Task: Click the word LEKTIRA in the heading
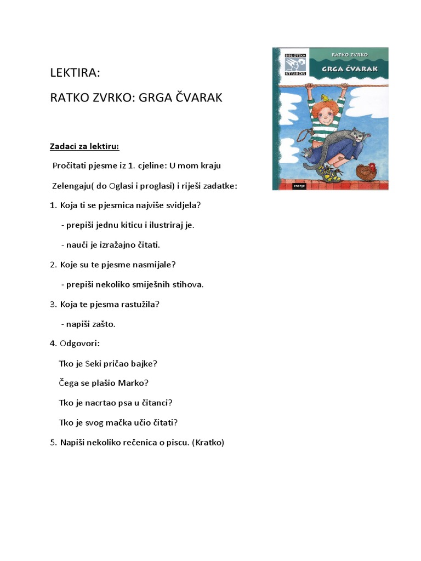[x=75, y=73]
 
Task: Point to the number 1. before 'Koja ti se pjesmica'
[x=53, y=205]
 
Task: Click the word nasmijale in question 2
[x=154, y=265]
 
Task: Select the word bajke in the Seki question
[x=145, y=363]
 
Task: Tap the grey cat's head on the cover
[x=358, y=134]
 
